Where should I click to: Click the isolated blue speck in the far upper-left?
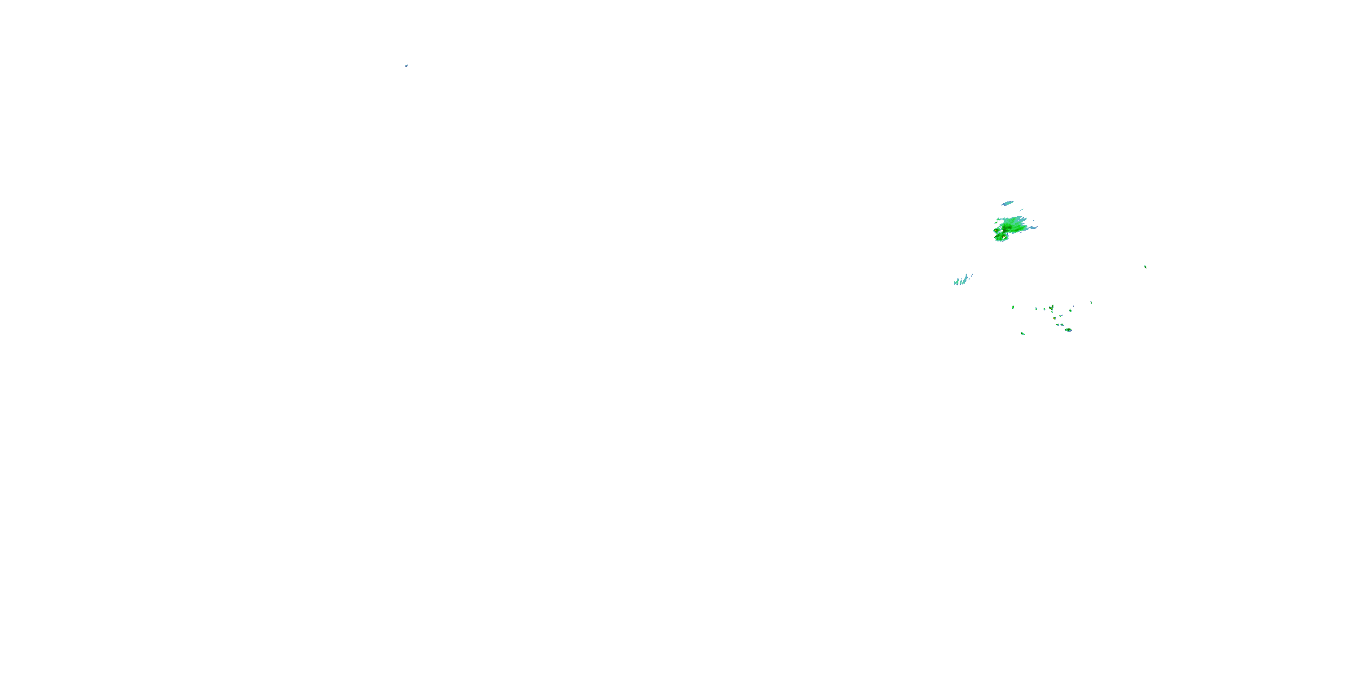pyautogui.click(x=406, y=66)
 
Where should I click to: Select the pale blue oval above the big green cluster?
pyautogui.click(x=1007, y=203)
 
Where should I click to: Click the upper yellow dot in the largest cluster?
pyautogui.click(x=996, y=231)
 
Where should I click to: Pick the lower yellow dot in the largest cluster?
pyautogui.click(x=1004, y=237)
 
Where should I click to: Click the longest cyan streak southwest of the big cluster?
pyautogui.click(x=965, y=280)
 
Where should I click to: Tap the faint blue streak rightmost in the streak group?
pyautogui.click(x=972, y=276)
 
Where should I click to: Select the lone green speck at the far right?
pyautogui.click(x=1145, y=267)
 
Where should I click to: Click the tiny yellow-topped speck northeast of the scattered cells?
pyautogui.click(x=1092, y=302)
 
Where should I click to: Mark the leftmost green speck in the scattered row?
pyautogui.click(x=1013, y=307)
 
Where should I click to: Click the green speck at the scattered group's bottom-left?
pyautogui.click(x=1023, y=334)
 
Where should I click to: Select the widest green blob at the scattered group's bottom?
pyautogui.click(x=1069, y=330)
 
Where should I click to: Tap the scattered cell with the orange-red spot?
pyautogui.click(x=1054, y=318)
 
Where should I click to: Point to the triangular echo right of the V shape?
pyautogui.click(x=1071, y=310)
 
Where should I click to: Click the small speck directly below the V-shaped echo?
pyautogui.click(x=1052, y=312)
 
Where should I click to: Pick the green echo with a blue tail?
pyautogui.click(x=1061, y=316)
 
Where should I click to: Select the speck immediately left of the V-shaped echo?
pyautogui.click(x=1044, y=309)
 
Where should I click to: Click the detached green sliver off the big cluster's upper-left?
pyautogui.click(x=996, y=223)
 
